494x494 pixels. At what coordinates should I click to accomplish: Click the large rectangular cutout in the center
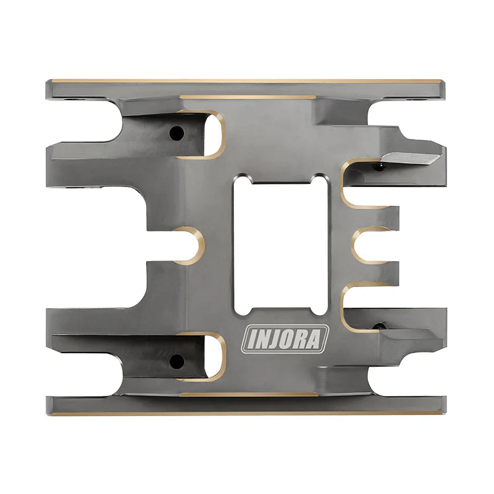280,244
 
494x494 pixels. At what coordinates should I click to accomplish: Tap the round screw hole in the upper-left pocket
177,132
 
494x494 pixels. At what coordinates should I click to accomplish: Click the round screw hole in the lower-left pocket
176,360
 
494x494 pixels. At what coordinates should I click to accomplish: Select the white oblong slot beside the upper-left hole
212,133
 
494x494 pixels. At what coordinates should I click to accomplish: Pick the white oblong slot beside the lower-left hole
212,356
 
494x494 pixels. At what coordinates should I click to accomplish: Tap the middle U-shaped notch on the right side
369,245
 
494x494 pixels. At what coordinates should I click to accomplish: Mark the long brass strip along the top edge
247,81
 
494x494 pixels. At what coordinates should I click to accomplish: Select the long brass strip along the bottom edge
247,412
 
